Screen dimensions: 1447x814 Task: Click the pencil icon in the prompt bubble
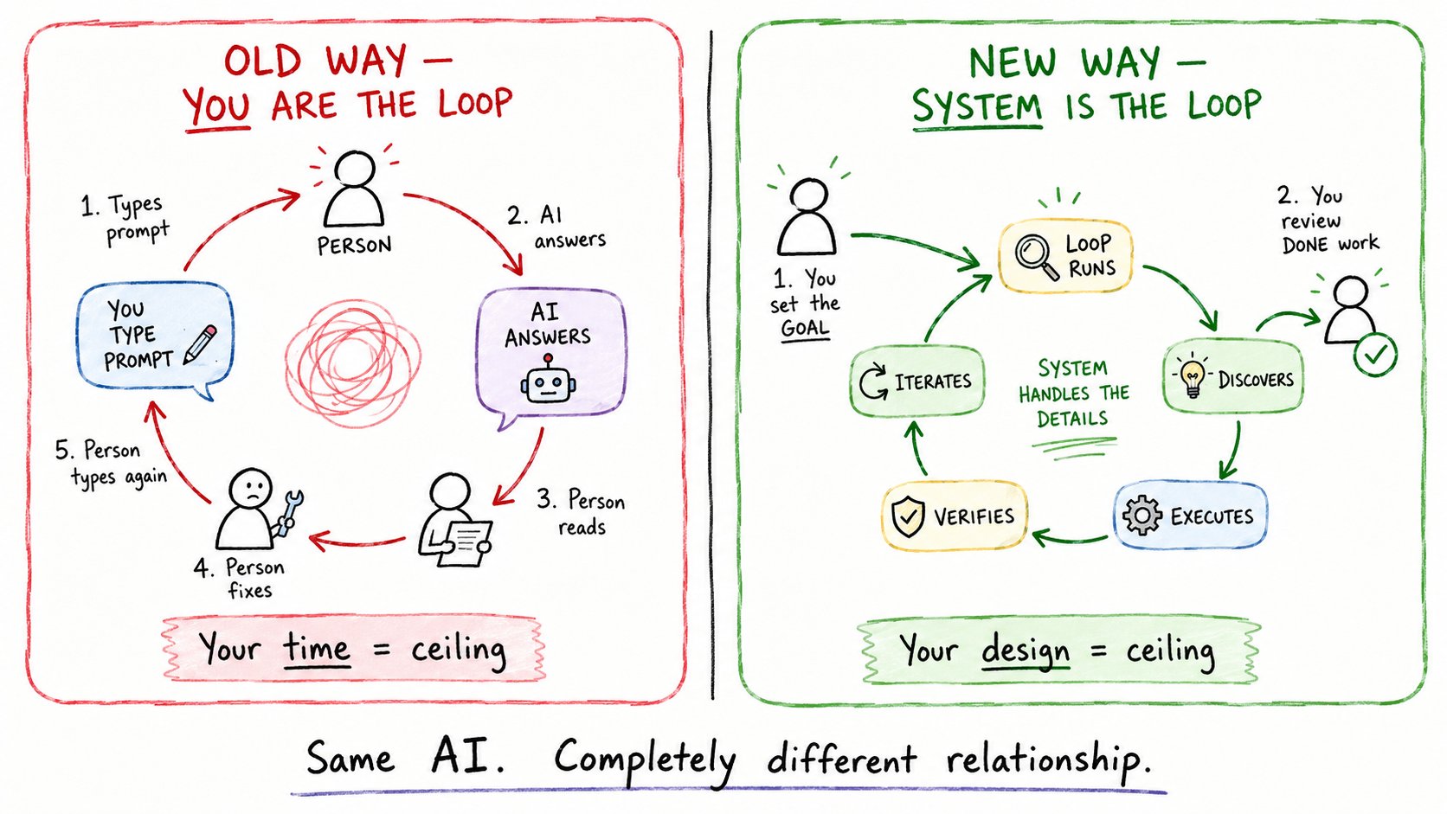tap(200, 344)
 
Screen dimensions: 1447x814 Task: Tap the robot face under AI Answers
tap(548, 380)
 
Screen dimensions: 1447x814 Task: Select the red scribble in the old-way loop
tap(353, 363)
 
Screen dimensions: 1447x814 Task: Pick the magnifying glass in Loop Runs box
tap(1037, 257)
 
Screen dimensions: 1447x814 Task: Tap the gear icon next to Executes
tap(1142, 515)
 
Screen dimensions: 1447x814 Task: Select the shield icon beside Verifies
tap(908, 516)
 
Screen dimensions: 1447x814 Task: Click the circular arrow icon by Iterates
tap(873, 381)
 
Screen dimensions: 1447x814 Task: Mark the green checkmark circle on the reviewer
tap(1374, 354)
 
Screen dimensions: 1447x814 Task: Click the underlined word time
tap(317, 648)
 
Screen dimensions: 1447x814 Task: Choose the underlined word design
tap(1026, 651)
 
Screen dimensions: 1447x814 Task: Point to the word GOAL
tap(805, 329)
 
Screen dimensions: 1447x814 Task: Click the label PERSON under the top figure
tap(354, 246)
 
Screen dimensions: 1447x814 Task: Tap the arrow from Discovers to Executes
tap(1232, 451)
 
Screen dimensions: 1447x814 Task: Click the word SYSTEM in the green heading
tap(977, 106)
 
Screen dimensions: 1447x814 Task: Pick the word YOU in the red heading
tap(216, 106)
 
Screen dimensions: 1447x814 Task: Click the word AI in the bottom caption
tap(468, 757)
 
